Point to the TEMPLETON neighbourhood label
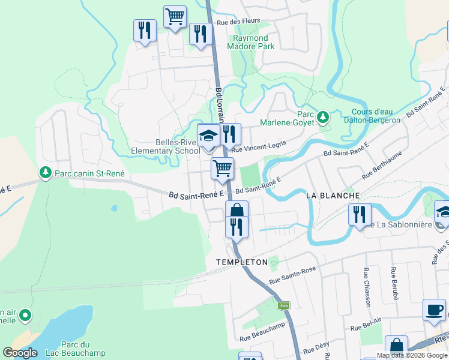click(241, 263)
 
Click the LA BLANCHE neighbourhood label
click(333, 196)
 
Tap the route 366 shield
click(284, 306)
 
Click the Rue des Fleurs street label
click(238, 21)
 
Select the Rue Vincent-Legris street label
click(259, 146)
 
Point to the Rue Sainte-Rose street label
click(292, 276)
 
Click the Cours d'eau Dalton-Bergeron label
click(376, 116)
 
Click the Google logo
click(20, 353)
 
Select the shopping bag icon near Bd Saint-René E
click(237, 210)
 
